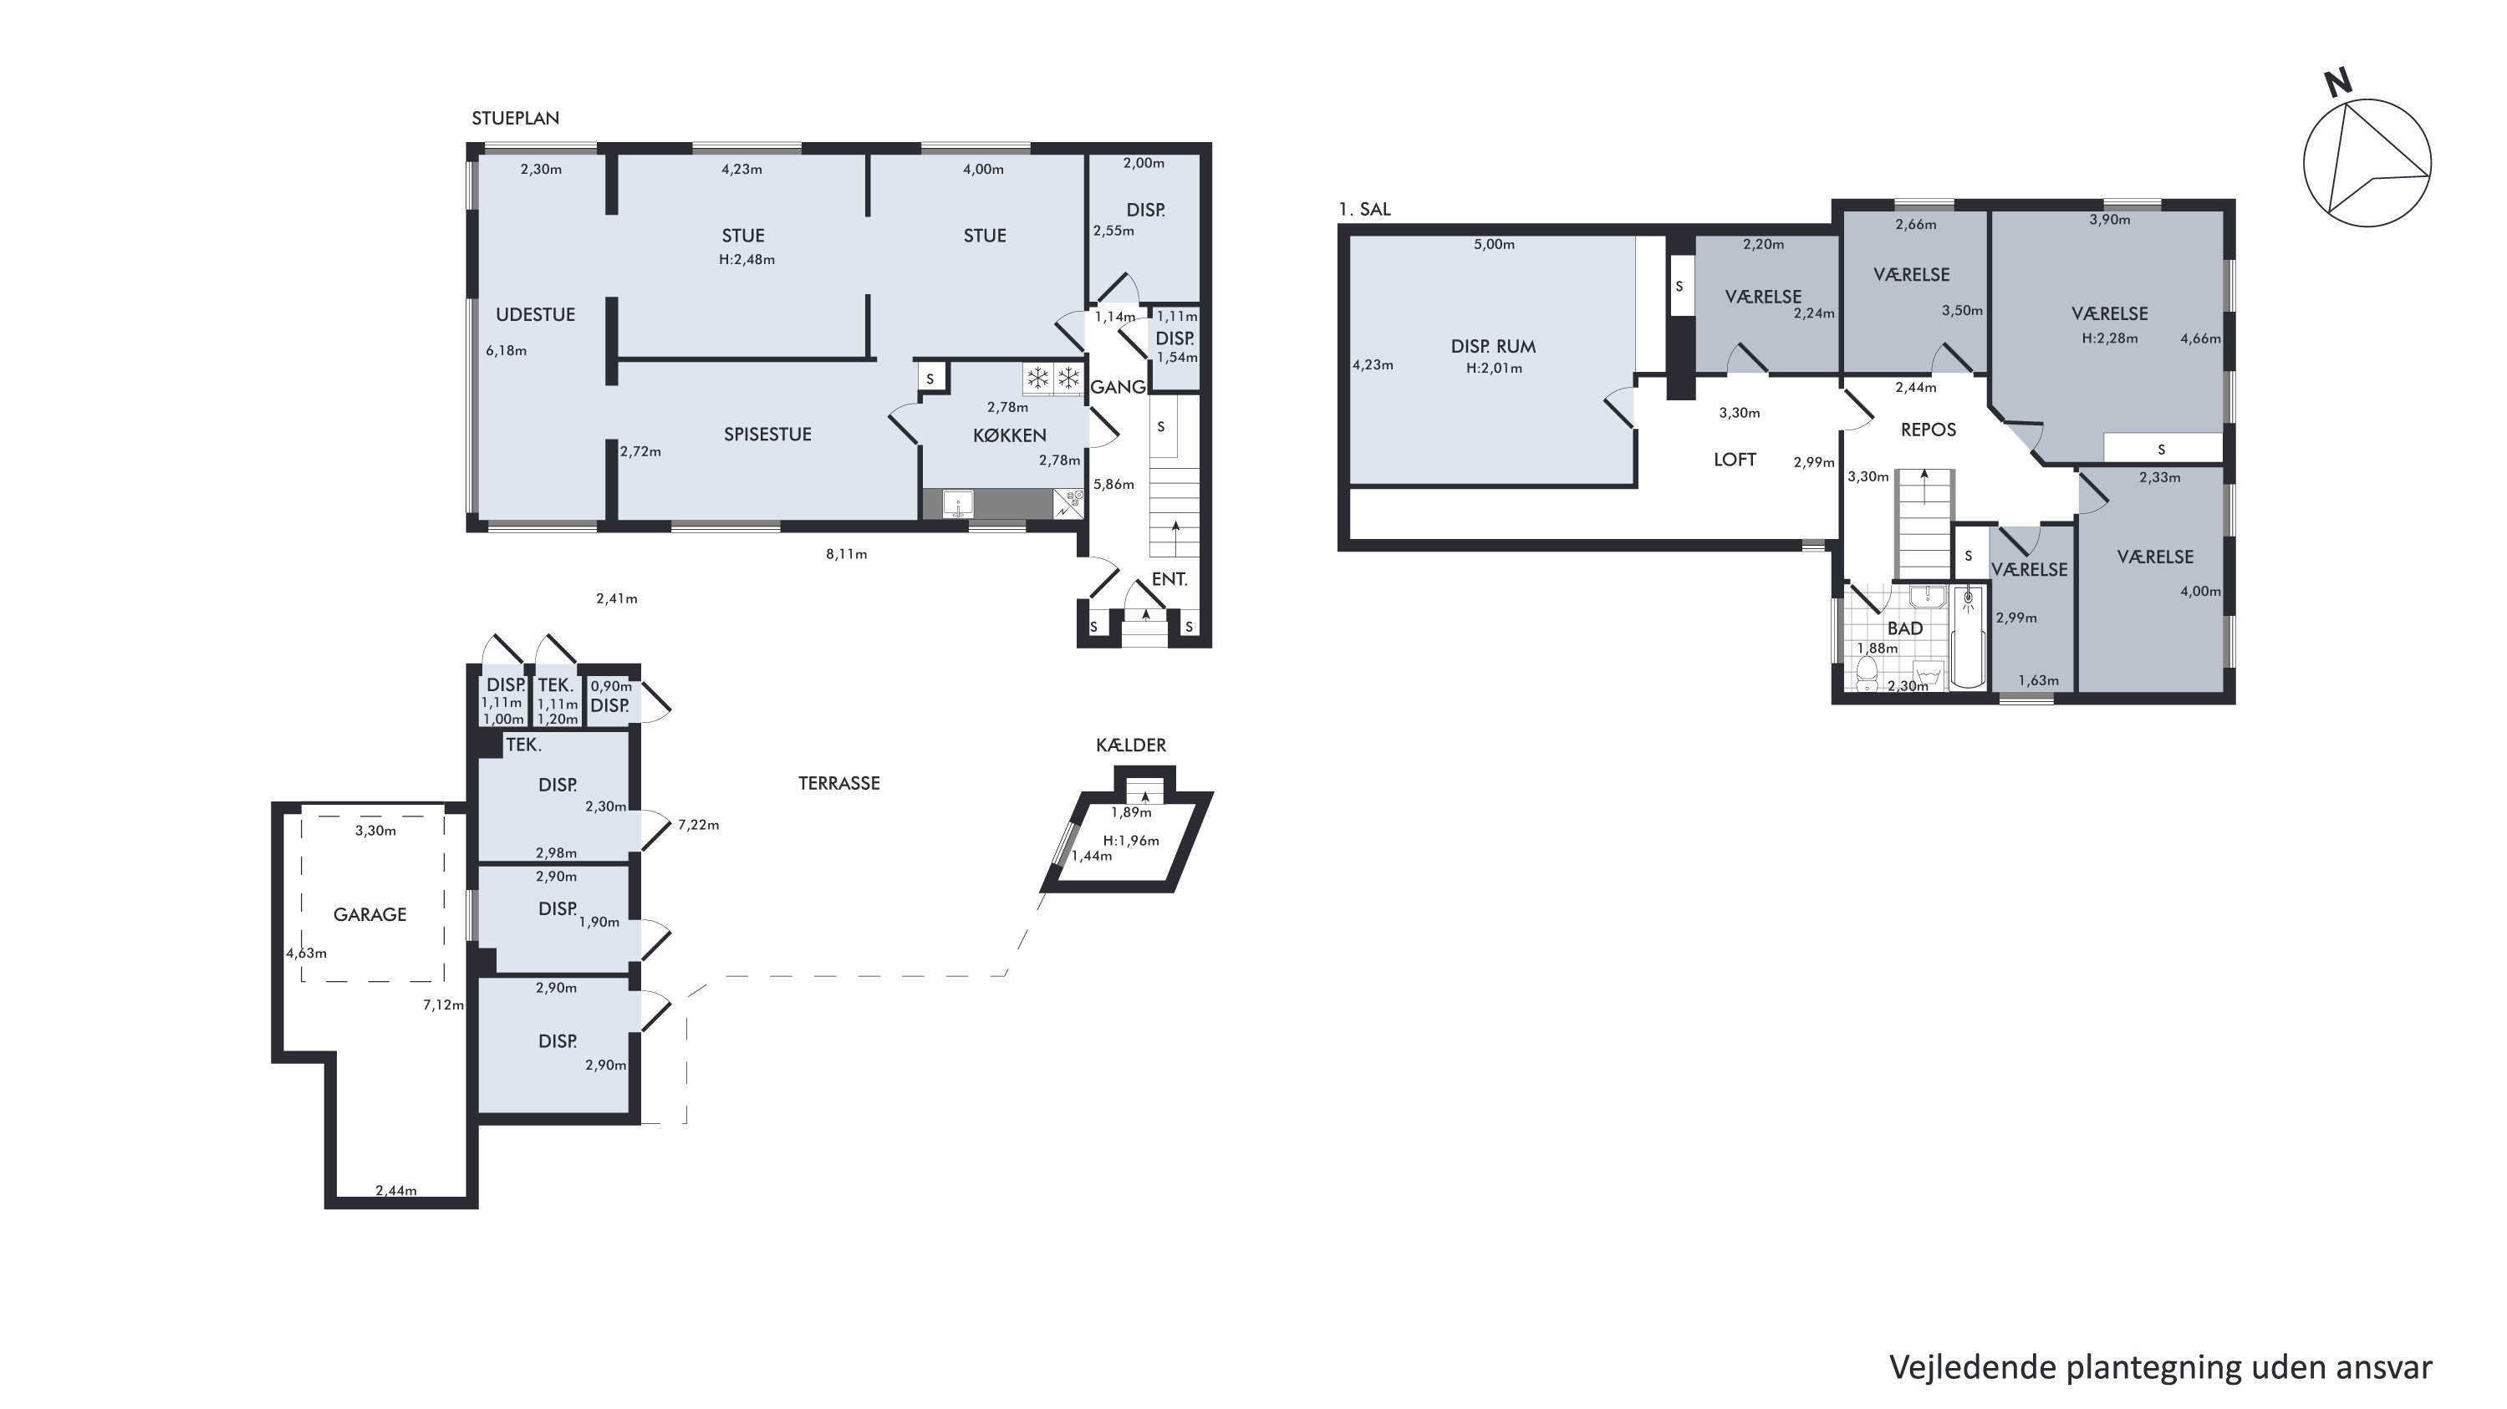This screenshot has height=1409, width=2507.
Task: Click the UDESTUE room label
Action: coord(535,314)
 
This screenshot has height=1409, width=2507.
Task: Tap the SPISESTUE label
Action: coord(767,434)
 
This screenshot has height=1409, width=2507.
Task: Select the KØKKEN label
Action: coord(1009,435)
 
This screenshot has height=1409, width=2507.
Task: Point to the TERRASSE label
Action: coord(839,783)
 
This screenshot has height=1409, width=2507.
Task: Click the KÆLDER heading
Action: coord(1131,745)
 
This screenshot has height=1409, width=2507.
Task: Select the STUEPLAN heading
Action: coord(516,118)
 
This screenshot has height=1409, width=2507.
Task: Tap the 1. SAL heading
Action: coord(1364,209)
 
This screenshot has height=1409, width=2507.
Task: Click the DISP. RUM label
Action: coord(1493,347)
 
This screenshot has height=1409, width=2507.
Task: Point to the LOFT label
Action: coord(1735,460)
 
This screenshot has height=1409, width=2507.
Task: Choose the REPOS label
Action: coord(1928,429)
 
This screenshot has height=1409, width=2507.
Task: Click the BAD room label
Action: coord(1904,628)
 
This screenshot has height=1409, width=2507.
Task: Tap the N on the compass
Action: coord(2337,84)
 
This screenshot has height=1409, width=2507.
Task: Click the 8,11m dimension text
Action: coord(847,555)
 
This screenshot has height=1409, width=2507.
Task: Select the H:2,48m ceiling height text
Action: coord(747,260)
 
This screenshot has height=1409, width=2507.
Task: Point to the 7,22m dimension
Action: coord(699,825)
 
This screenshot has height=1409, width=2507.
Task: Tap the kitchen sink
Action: coord(958,504)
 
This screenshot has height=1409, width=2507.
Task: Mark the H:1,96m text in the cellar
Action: coord(1131,841)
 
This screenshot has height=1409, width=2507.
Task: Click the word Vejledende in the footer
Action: coord(1974,1367)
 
